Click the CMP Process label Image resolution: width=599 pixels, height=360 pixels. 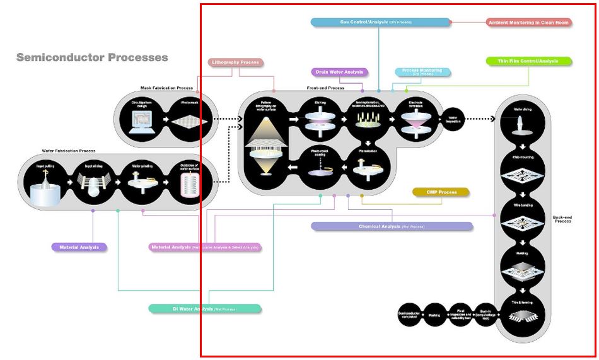pos(441,192)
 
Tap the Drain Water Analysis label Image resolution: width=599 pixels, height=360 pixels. pos(339,73)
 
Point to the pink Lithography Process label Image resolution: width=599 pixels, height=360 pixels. pos(235,62)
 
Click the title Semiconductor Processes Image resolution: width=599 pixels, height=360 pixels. pos(92,58)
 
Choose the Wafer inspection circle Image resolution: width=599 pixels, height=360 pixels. pos(453,118)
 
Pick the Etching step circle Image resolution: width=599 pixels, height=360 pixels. pos(320,117)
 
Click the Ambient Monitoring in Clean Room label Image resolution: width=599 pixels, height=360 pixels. pos(529,23)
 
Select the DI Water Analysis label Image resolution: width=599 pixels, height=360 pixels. pos(205,309)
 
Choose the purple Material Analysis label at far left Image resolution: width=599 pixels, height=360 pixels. pos(79,247)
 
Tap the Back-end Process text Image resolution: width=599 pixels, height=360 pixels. pos(562,219)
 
